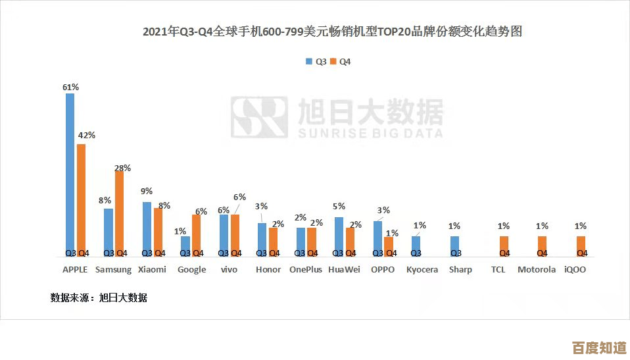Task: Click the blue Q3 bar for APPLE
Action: [70, 174]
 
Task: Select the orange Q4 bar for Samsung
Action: [120, 213]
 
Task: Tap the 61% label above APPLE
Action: [70, 87]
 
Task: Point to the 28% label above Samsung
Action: [123, 168]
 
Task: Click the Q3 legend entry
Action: [316, 61]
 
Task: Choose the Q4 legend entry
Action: [341, 61]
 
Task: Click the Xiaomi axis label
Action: [152, 269]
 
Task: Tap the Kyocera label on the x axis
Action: [422, 269]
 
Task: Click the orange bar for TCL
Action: [504, 245]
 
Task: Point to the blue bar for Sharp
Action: [455, 245]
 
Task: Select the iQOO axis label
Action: [575, 269]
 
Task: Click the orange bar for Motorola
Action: [542, 245]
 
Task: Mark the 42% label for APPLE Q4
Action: [87, 135]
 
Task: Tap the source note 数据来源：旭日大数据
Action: [99, 298]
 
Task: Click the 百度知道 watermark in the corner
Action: [598, 346]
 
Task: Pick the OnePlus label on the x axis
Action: [306, 269]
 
